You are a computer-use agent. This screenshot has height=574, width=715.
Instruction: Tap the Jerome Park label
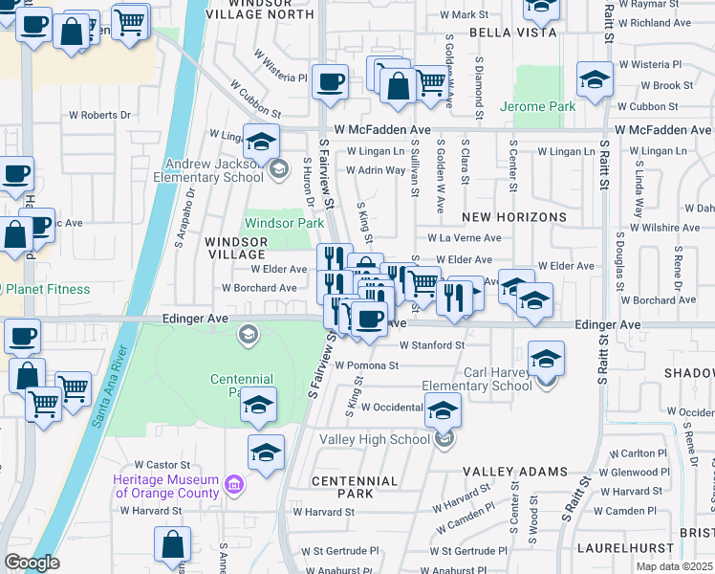point(537,106)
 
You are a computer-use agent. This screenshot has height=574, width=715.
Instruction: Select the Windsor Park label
point(285,223)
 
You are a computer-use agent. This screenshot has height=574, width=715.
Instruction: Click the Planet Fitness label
point(46,289)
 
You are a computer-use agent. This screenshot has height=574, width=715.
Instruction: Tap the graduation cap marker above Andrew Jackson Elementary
point(260,143)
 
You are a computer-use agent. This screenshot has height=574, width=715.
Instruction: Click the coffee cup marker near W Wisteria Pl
point(330,81)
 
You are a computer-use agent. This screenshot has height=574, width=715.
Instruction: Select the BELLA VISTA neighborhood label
point(511,33)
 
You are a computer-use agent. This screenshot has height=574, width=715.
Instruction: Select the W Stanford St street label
point(432,344)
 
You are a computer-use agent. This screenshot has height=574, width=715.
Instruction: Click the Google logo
point(32,563)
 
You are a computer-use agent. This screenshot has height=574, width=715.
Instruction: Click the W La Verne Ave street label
point(464,238)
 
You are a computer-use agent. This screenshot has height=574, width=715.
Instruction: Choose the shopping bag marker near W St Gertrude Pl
point(172,544)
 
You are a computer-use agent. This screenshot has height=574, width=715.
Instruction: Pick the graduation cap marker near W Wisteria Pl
point(594,80)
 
